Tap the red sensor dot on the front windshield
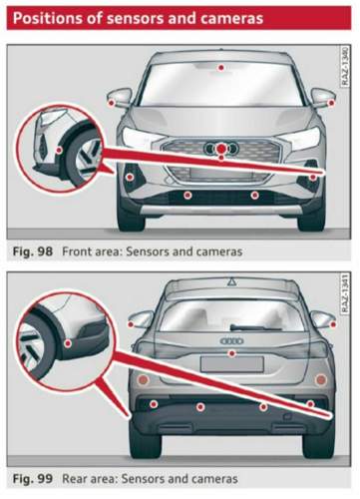[x=220, y=68]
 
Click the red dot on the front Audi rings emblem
[x=220, y=149]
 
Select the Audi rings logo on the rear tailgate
[x=231, y=341]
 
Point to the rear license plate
[x=232, y=363]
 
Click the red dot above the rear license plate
[x=232, y=353]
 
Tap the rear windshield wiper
[x=255, y=327]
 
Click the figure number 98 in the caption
[x=45, y=251]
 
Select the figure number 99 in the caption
[x=45, y=479]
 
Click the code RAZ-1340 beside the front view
[x=345, y=67]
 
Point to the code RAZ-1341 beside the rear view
[x=345, y=293]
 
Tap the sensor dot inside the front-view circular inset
[x=59, y=150]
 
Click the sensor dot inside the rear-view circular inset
[x=68, y=343]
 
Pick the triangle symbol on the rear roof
[x=231, y=282]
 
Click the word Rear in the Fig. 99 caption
[x=73, y=479]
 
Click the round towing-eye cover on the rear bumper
[x=287, y=416]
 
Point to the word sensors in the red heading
[x=136, y=19]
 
